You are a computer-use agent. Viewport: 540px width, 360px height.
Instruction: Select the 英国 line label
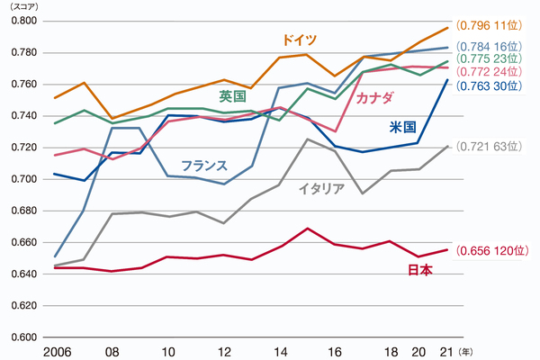(233, 94)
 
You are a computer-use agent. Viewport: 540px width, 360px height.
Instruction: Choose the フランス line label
(203, 166)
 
